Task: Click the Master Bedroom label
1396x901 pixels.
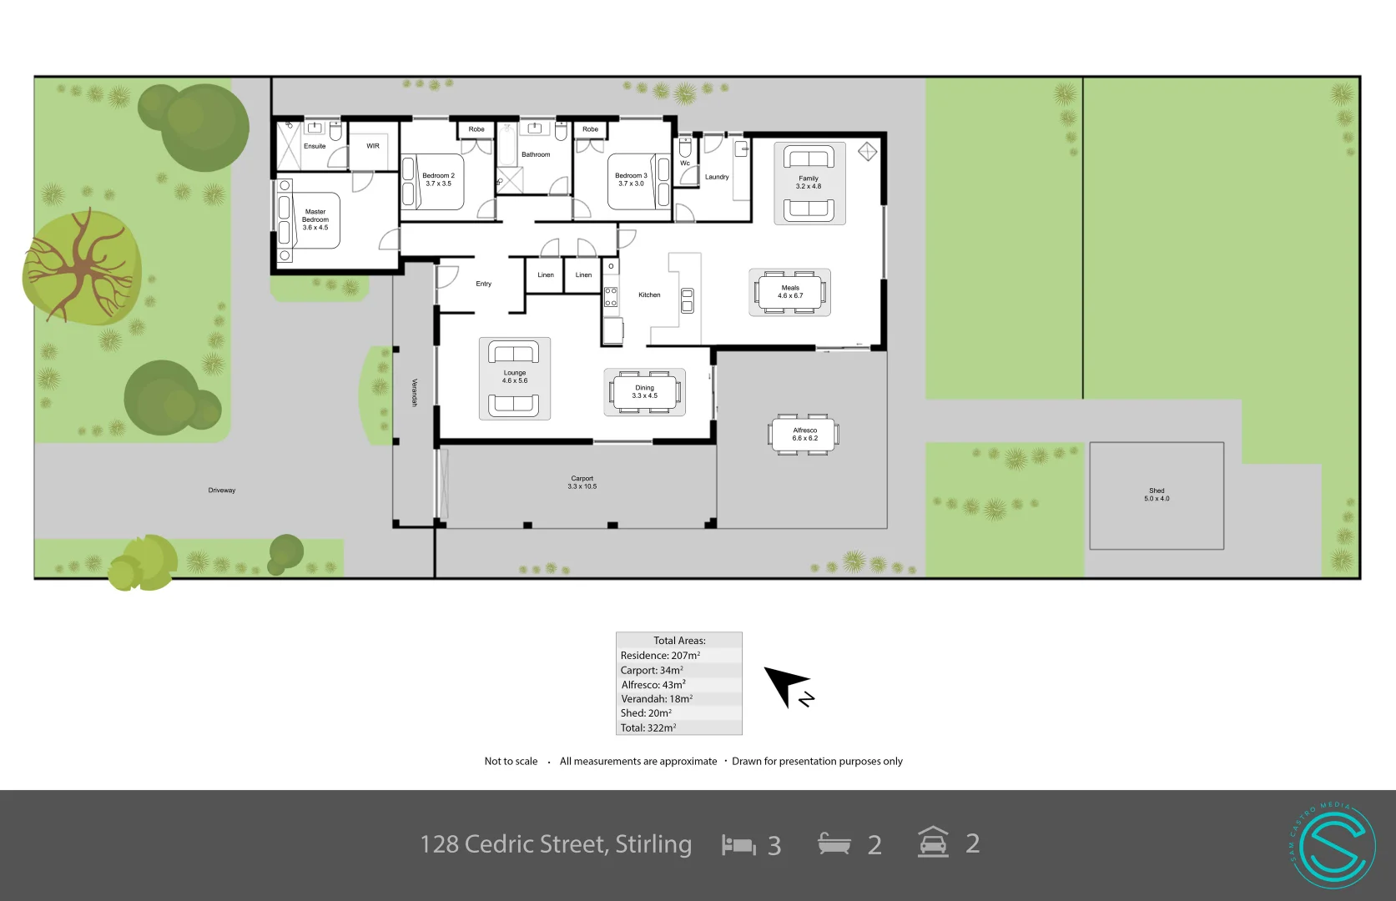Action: (x=315, y=219)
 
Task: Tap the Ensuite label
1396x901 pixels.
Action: (x=315, y=146)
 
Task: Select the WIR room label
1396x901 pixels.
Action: (x=373, y=146)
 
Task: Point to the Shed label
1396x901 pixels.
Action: (x=1157, y=495)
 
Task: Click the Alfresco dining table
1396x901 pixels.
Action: (x=804, y=434)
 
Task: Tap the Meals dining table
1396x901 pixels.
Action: (x=790, y=292)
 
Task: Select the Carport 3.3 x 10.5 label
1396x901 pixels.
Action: (x=582, y=482)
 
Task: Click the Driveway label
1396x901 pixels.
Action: (x=222, y=491)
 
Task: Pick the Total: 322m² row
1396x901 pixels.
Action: (x=648, y=727)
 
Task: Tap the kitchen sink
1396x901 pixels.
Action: (x=687, y=300)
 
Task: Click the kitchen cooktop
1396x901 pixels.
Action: (x=611, y=297)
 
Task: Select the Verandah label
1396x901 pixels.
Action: (x=414, y=392)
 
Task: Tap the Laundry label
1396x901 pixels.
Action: (x=717, y=177)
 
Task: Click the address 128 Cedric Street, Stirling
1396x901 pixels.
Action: (x=556, y=844)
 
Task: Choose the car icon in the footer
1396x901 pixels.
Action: (x=933, y=843)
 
